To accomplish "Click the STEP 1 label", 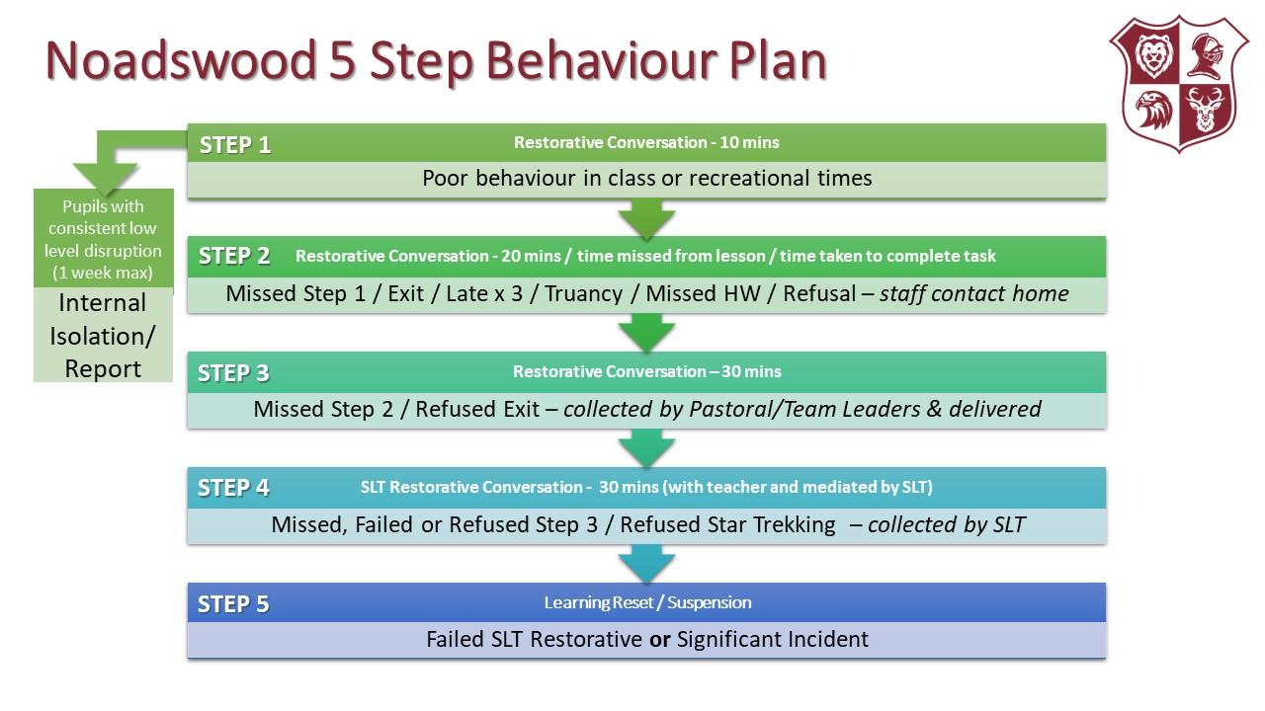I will pos(235,145).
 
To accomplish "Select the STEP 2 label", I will pos(234,257).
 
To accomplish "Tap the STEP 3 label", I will pos(233,373).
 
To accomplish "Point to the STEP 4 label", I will pos(233,488).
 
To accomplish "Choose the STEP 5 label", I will pos(233,604).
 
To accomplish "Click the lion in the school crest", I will pos(1152,56).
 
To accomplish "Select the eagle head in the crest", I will pos(1152,110).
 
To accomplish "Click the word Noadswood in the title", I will pos(174,61).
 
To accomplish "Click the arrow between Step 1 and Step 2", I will pos(646,218).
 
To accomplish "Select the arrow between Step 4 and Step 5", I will pos(646,564).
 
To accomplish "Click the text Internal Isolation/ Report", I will pos(103,336).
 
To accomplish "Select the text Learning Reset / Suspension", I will pos(647,602).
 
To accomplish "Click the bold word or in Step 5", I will pos(659,640).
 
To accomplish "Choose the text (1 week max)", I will pos(103,272).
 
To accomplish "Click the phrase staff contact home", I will pos(973,293).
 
